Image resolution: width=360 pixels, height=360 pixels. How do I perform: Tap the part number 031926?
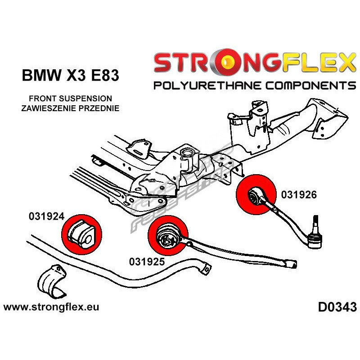[299, 195]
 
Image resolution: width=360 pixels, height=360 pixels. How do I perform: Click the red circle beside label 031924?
[81, 232]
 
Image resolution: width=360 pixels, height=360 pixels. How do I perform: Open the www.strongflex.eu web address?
[51, 307]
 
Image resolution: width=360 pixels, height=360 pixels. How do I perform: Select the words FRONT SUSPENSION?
[70, 98]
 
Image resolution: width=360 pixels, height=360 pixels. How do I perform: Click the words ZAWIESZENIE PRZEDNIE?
[70, 108]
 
